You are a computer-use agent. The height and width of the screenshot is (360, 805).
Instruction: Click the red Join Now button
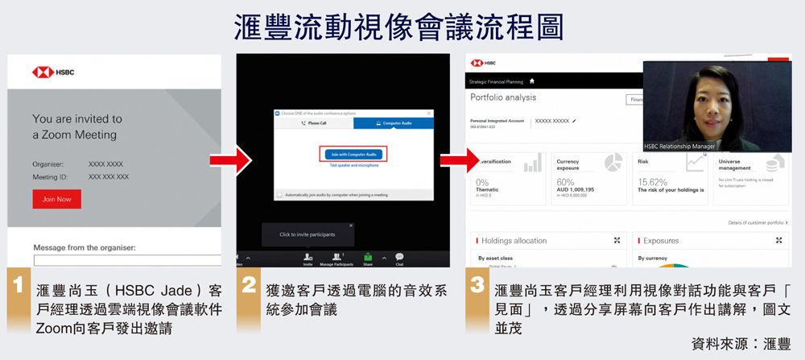56,199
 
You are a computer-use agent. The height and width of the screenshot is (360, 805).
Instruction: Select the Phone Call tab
312,123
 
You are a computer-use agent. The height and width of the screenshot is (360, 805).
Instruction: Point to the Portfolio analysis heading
503,97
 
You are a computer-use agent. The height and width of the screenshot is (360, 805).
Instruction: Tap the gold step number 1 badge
17,288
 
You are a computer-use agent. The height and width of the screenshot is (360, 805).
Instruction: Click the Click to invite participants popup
307,234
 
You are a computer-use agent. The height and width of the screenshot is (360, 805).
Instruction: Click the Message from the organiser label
85,248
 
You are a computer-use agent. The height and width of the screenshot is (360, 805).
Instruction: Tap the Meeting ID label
49,176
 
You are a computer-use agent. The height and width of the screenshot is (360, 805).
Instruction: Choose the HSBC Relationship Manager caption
680,147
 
